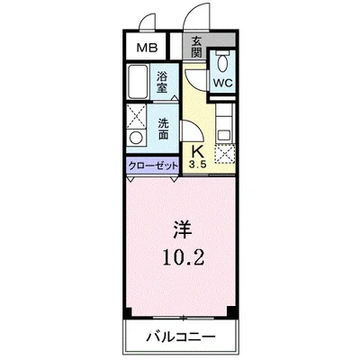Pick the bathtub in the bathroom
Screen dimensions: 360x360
[x=139, y=82]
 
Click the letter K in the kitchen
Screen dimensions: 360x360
[x=197, y=151]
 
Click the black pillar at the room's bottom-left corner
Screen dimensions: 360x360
[x=129, y=312]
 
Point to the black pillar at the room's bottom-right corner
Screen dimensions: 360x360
[x=232, y=312]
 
